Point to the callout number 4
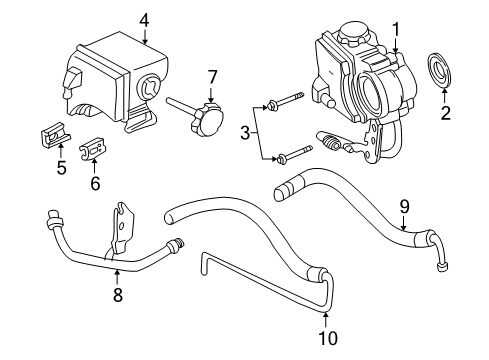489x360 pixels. (x=145, y=18)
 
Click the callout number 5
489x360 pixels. (x=61, y=168)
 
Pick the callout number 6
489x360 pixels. (x=96, y=184)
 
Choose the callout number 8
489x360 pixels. (x=117, y=294)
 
